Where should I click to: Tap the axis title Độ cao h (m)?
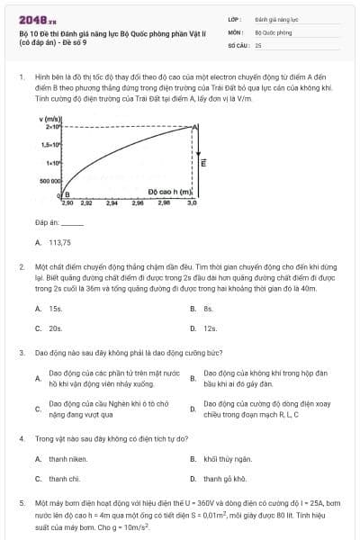(x=171, y=192)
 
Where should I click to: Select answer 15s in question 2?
(x=55, y=308)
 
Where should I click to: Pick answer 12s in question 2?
(x=211, y=328)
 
